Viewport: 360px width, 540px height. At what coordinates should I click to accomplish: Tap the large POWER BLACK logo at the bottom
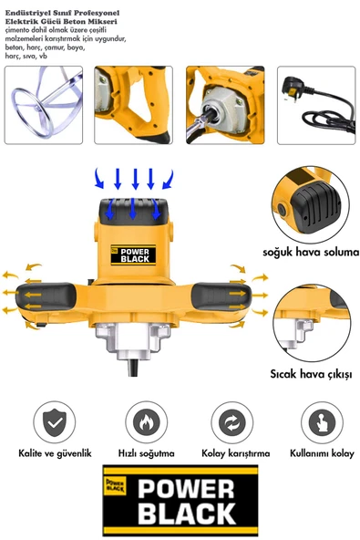click(x=180, y=500)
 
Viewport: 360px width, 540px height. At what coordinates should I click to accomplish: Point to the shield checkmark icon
click(x=56, y=423)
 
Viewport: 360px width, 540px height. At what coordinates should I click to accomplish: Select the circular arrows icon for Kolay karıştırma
click(x=232, y=423)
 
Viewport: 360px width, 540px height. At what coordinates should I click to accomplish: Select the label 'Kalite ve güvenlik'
click(x=57, y=452)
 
